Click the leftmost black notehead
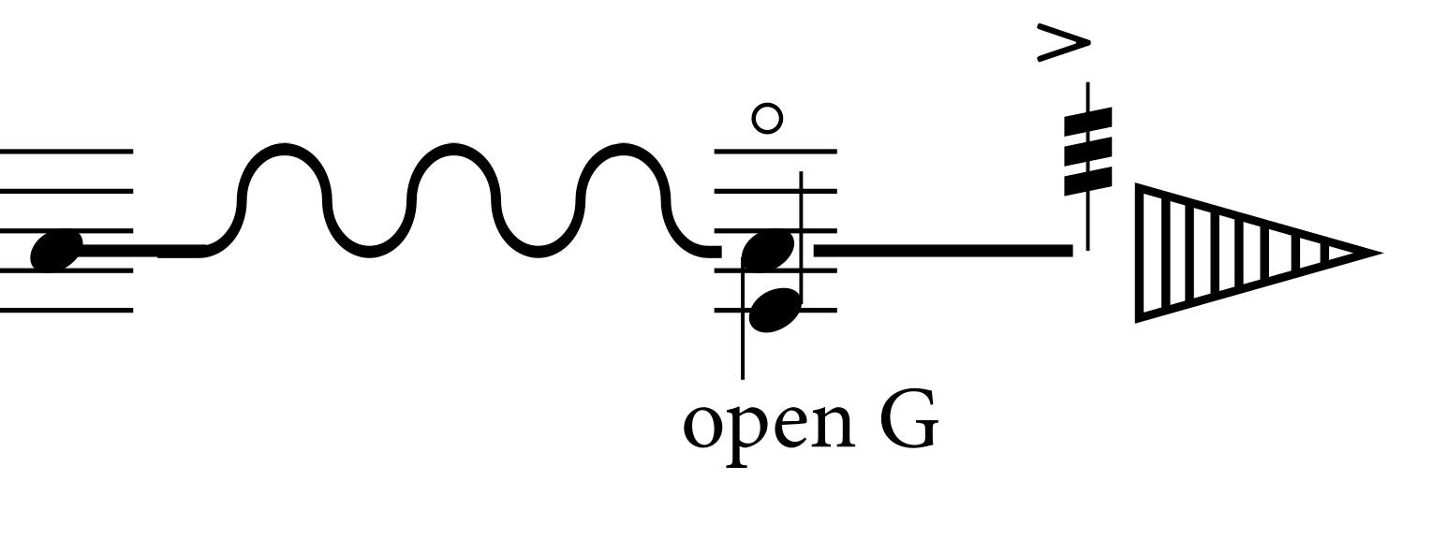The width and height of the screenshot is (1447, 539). point(57,251)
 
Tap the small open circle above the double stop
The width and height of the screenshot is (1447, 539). point(767,119)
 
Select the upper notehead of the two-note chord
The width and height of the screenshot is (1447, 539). point(767,249)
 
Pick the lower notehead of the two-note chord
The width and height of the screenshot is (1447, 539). point(775,310)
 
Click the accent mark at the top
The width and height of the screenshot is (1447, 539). point(1063,43)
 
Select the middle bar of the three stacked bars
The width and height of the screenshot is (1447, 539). point(1088,151)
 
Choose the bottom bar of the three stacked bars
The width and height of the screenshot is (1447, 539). point(1088,181)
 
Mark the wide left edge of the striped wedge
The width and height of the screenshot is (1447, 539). point(1140,253)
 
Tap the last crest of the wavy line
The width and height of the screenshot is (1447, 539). point(624,147)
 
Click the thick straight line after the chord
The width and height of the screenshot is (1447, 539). point(943,251)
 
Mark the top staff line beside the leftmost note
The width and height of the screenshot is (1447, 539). point(66,152)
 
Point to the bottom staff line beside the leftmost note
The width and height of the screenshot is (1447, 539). point(66,311)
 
